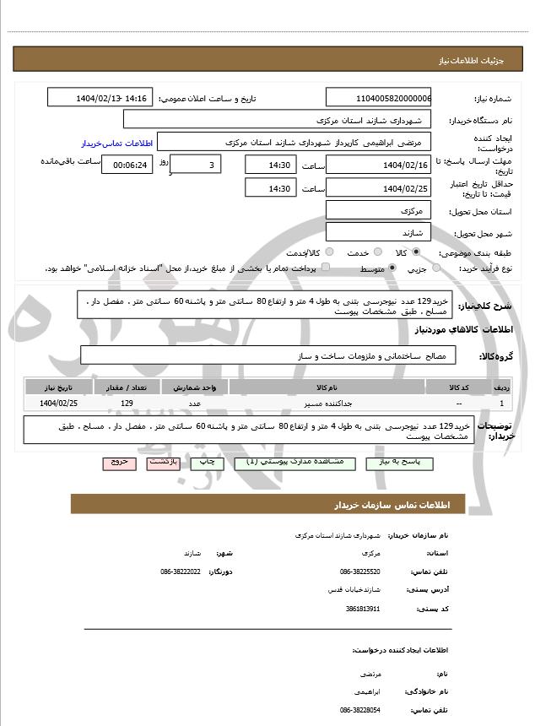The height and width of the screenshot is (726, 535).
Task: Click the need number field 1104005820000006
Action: click(378, 98)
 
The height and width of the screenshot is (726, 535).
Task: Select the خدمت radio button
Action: click(376, 252)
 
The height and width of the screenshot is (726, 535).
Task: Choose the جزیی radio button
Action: click(436, 268)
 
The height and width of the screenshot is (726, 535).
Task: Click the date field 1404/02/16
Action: click(378, 165)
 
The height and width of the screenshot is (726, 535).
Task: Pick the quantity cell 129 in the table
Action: click(127, 404)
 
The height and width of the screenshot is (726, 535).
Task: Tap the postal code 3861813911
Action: click(363, 609)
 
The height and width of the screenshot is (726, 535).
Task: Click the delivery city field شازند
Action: click(378, 231)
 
